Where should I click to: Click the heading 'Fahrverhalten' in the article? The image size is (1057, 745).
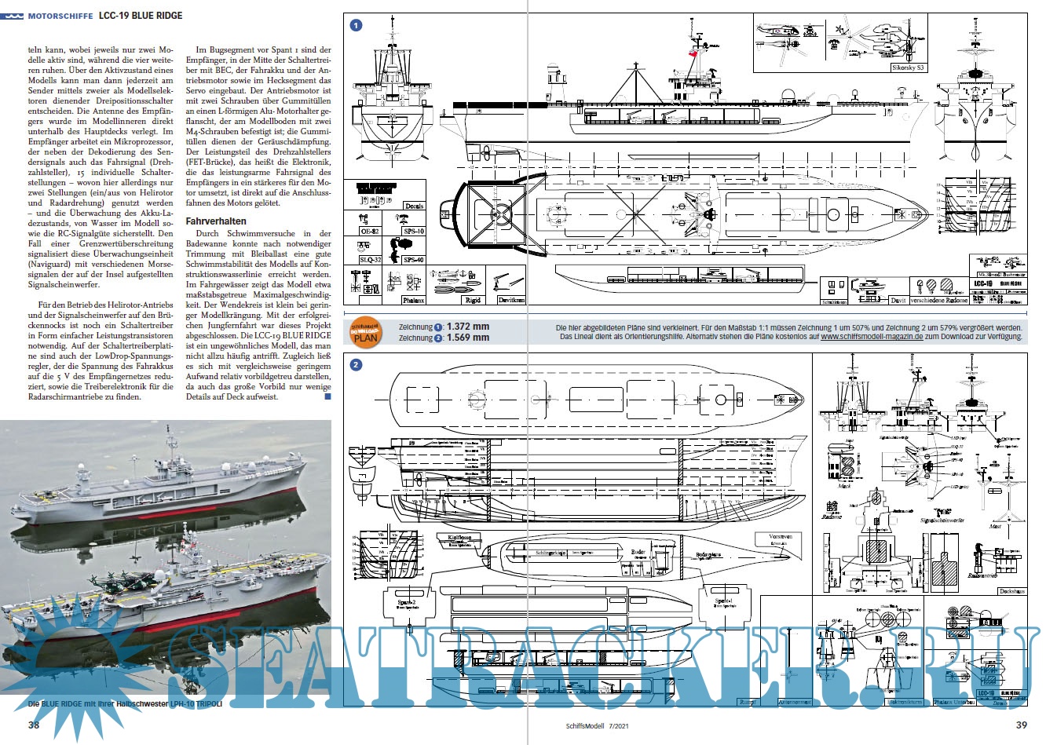[216, 221]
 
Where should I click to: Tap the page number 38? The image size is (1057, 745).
[34, 725]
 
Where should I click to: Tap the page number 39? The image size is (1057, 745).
[1022, 725]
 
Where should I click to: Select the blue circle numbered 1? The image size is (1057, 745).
[356, 26]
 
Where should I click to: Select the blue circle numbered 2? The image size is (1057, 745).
[356, 365]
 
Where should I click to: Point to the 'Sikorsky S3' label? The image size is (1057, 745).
[908, 68]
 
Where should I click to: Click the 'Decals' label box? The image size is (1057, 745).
[414, 206]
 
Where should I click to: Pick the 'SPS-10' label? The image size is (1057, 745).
[413, 232]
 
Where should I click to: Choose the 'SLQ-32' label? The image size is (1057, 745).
[370, 260]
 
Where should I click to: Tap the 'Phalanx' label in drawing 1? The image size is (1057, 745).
[413, 300]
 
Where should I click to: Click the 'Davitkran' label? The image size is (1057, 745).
[510, 300]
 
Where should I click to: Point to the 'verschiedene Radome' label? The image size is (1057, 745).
[938, 301]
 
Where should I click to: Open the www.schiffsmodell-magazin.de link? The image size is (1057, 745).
[872, 337]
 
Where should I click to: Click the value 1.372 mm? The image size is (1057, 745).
[467, 327]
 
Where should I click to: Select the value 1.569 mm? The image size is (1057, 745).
[467, 338]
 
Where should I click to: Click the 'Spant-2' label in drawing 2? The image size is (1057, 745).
[407, 602]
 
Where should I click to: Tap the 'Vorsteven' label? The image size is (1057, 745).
[781, 537]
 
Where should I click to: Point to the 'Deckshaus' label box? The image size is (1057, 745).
[1012, 590]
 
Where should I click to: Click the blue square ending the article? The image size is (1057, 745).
[327, 397]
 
